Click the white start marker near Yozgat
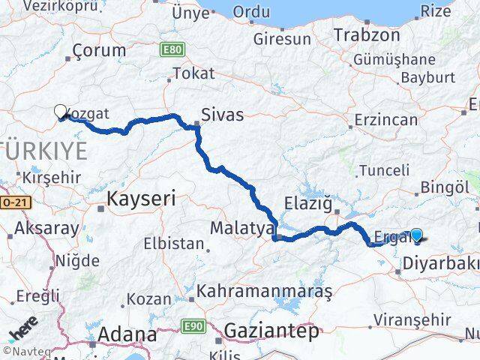click(61, 111)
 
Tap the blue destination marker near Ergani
click(417, 235)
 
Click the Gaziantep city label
click(271, 330)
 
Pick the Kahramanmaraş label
click(264, 292)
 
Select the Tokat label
click(193, 73)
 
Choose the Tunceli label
click(384, 170)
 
